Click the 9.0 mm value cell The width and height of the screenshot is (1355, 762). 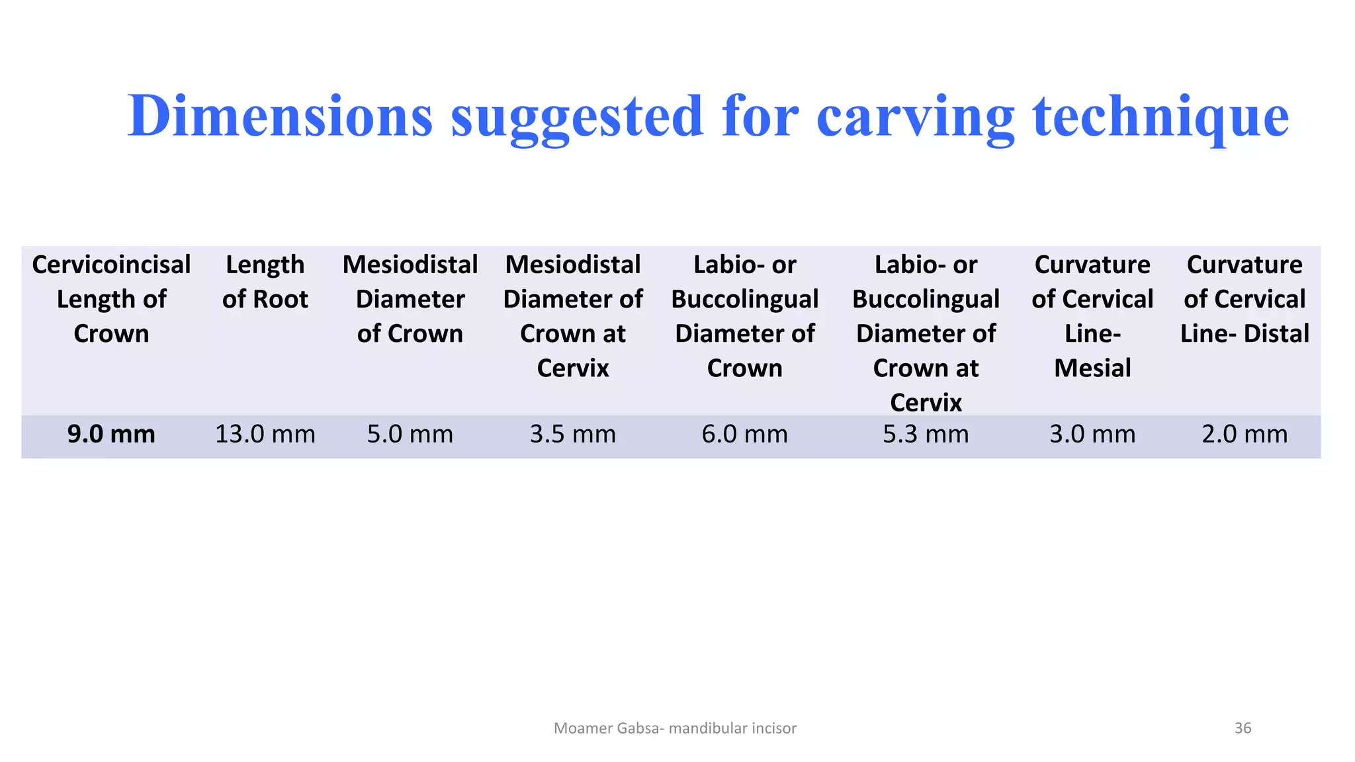(x=111, y=435)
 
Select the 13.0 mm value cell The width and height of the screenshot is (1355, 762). (x=265, y=435)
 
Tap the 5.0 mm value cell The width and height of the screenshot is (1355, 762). (x=410, y=435)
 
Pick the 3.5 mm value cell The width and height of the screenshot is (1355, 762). (x=573, y=435)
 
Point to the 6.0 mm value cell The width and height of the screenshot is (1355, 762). (x=745, y=435)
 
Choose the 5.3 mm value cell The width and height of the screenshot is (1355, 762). (x=926, y=435)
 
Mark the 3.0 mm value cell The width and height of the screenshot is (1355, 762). (x=1092, y=435)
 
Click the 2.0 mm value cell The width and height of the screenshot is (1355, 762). (x=1245, y=435)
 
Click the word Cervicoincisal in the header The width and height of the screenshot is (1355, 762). (x=111, y=265)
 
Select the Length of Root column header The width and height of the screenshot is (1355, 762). (x=265, y=282)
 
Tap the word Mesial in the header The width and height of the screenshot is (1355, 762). (x=1092, y=368)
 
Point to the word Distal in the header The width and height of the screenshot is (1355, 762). (x=1276, y=333)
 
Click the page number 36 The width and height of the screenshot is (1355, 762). (x=1243, y=728)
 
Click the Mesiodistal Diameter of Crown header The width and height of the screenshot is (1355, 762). (x=410, y=299)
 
